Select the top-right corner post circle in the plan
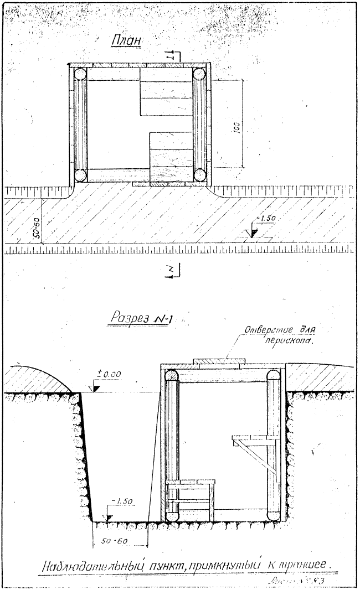pyautogui.click(x=199, y=73)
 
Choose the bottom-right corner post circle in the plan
pyautogui.click(x=199, y=175)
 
